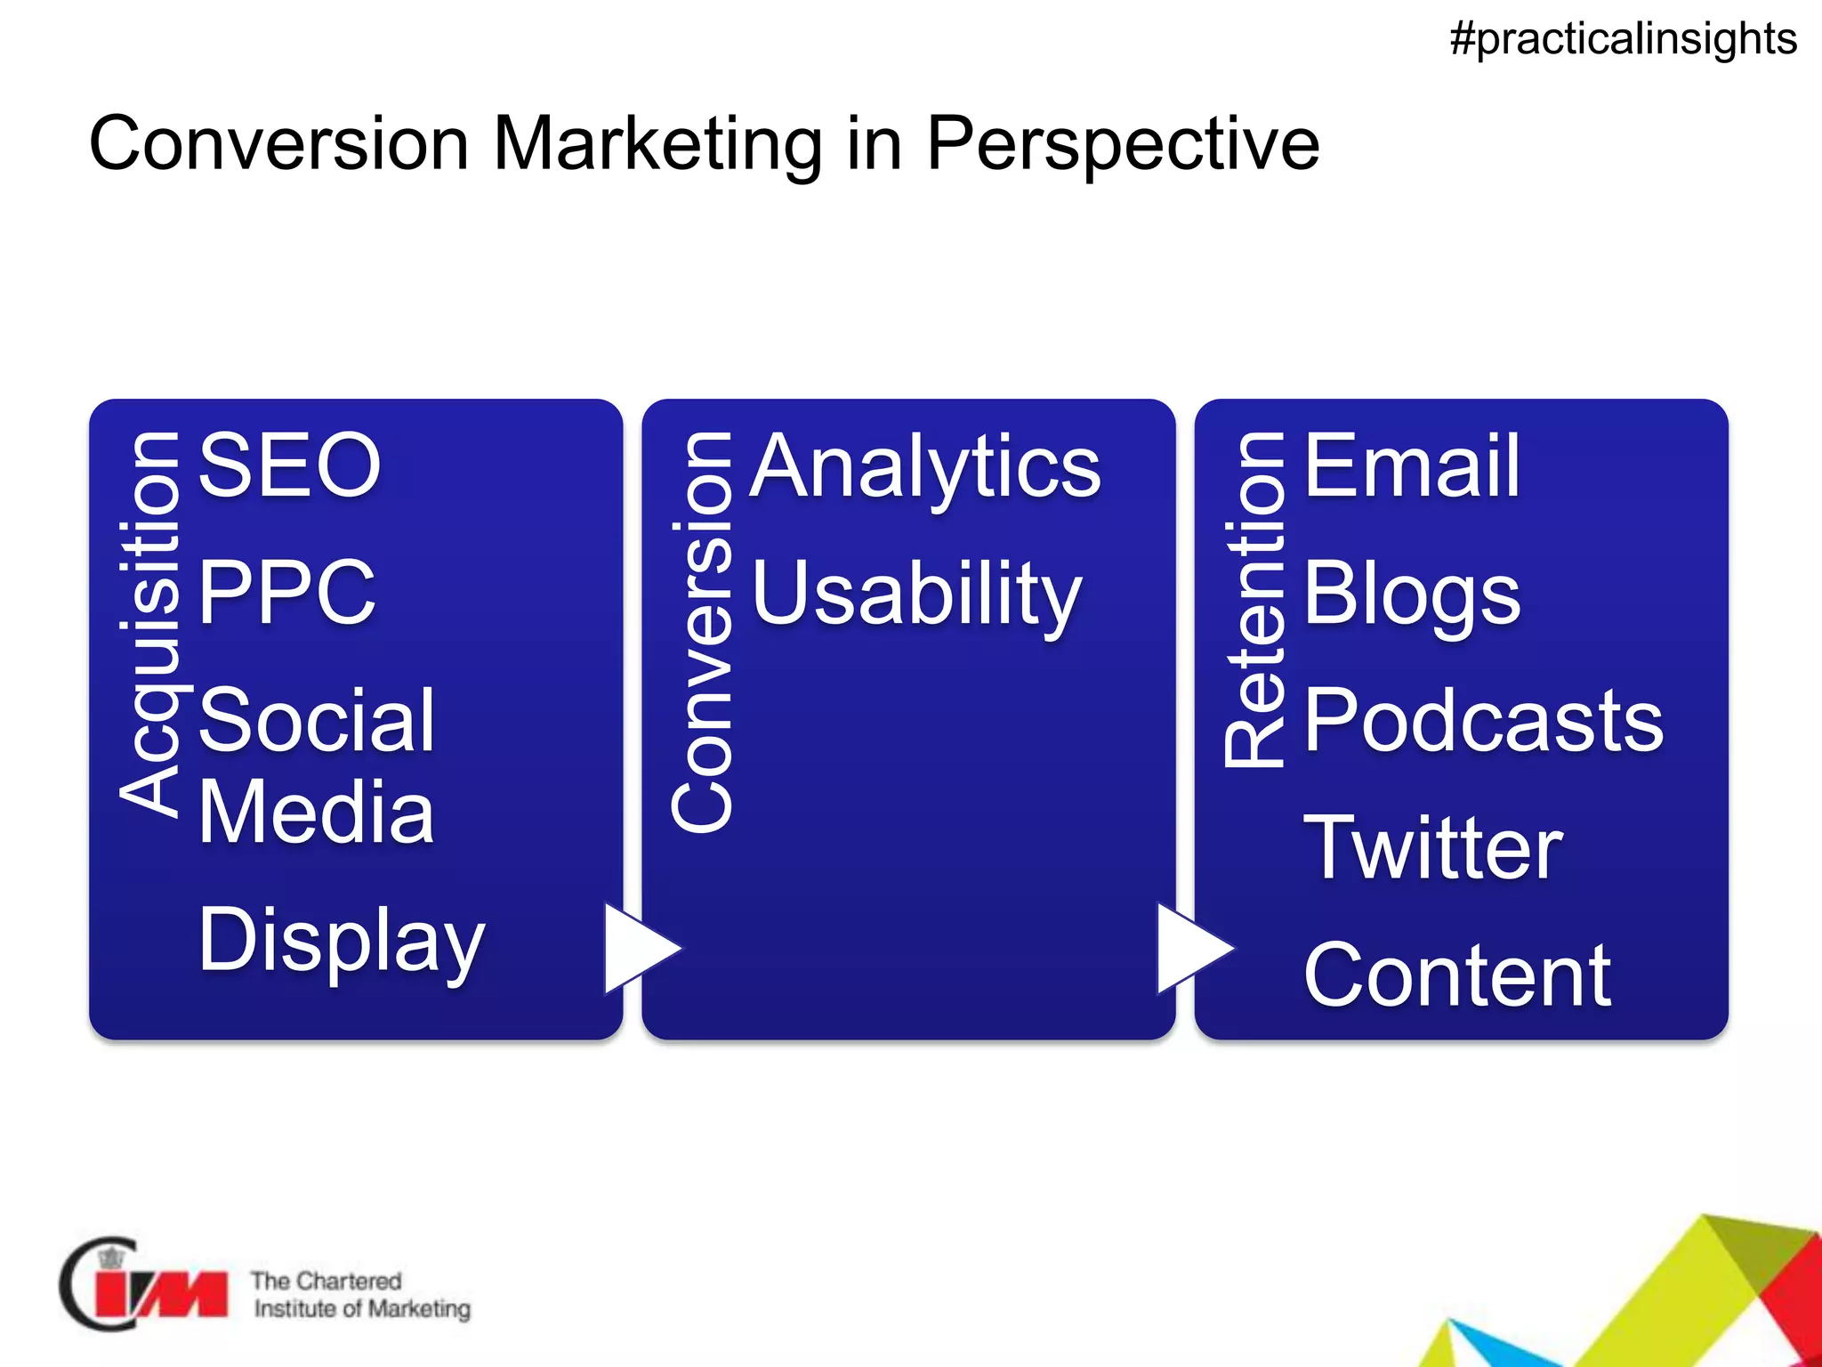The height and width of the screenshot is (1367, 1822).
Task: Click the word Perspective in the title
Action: pyautogui.click(x=1123, y=144)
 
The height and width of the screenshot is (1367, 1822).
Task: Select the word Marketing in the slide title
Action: pyautogui.click(x=657, y=144)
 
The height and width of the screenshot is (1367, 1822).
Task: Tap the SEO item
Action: pyautogui.click(x=289, y=465)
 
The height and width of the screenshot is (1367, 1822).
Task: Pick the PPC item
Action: pyautogui.click(x=286, y=592)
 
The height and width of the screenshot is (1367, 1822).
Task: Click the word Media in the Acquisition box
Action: pyautogui.click(x=316, y=812)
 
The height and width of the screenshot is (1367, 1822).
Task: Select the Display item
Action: pyautogui.click(x=342, y=942)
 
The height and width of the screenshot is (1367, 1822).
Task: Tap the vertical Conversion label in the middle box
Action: pyautogui.click(x=703, y=632)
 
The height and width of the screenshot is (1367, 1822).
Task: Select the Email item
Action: pyautogui.click(x=1412, y=466)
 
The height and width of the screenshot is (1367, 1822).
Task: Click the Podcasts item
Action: pyautogui.click(x=1483, y=720)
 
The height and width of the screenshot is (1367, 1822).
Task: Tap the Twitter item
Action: pyautogui.click(x=1432, y=848)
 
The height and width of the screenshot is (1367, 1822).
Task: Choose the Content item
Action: pyautogui.click(x=1457, y=976)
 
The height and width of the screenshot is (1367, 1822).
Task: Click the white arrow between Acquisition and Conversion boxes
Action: pyautogui.click(x=636, y=949)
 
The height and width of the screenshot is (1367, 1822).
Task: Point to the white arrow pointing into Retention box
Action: pyautogui.click(x=1189, y=949)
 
